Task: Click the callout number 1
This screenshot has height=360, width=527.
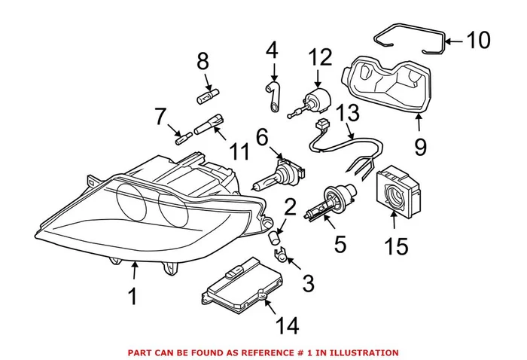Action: coord(133,296)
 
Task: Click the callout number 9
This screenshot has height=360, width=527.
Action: coord(419,145)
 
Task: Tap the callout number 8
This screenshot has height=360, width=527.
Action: coord(202,63)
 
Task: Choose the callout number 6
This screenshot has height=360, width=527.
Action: coord(261,138)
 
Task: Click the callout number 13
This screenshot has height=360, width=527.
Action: coord(347,112)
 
